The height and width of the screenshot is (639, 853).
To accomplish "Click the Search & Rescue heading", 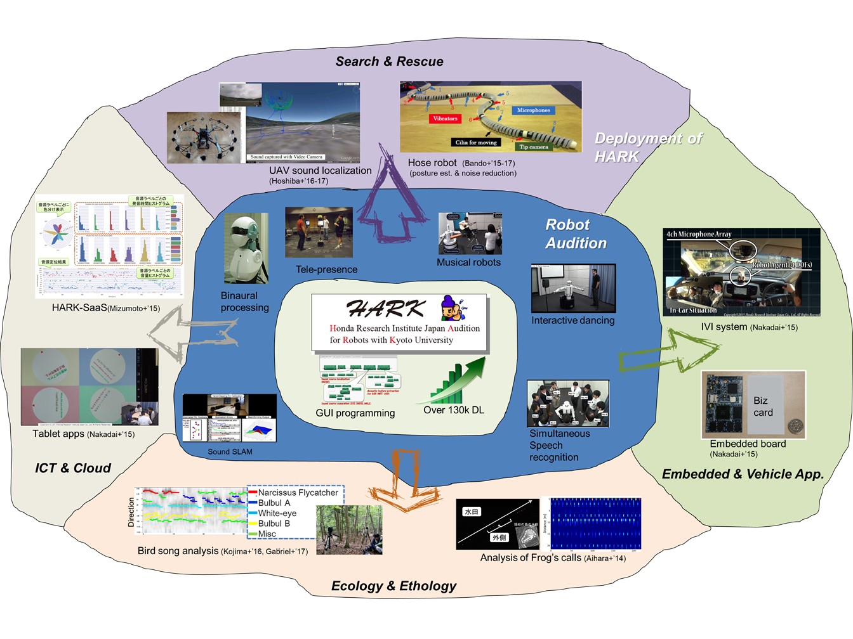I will click(x=389, y=61).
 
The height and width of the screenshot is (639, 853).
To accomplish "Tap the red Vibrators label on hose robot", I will click(x=444, y=119).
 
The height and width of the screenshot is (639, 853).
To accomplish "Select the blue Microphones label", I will click(x=533, y=110).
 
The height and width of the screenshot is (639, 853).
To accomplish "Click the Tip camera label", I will click(x=533, y=146).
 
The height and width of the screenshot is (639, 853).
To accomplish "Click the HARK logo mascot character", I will click(x=453, y=307).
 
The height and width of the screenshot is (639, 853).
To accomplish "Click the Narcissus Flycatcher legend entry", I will click(x=298, y=493).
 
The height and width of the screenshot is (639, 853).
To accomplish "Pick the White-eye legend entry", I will click(x=277, y=513).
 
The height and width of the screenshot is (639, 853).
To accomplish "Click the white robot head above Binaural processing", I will click(x=246, y=247).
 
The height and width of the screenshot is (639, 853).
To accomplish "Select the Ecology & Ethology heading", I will click(x=393, y=586).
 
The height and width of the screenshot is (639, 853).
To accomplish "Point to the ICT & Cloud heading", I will click(x=72, y=468).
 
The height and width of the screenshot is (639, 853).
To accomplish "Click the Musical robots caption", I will click(x=468, y=262).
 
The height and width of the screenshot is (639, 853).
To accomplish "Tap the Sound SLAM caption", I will click(x=230, y=451).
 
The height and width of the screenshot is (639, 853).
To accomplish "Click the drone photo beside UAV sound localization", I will click(x=204, y=138).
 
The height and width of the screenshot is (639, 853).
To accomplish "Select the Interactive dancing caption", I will click(x=572, y=320).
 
